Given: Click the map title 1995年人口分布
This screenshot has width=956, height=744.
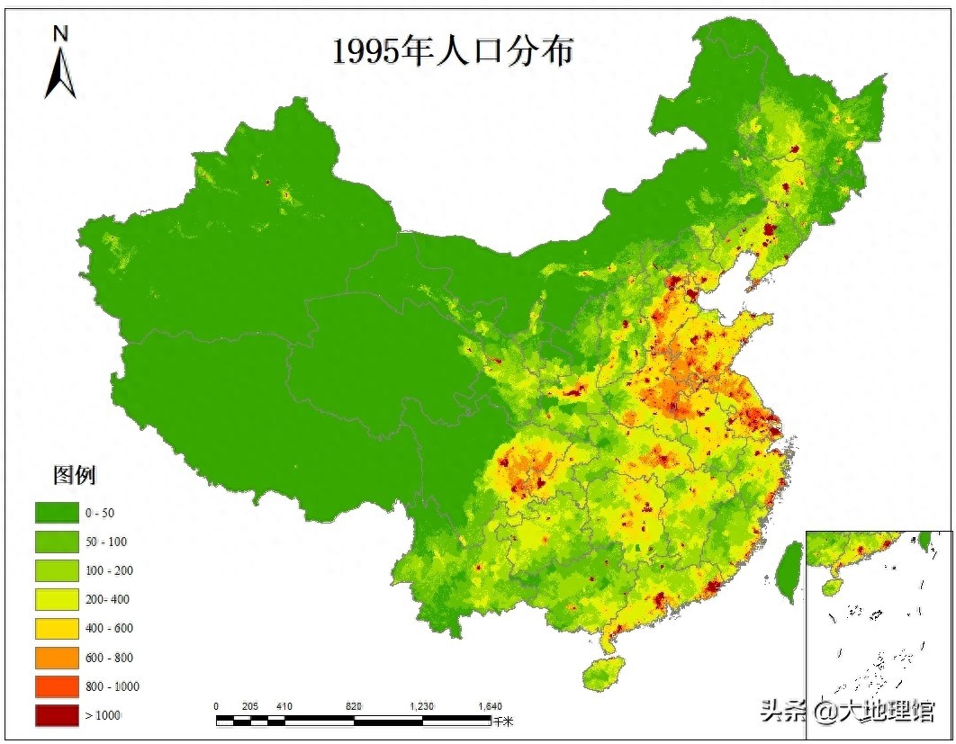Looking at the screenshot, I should [x=453, y=51].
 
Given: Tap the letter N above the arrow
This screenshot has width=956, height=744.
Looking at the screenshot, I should [x=60, y=34].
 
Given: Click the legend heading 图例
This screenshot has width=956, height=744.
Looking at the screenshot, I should [x=75, y=474].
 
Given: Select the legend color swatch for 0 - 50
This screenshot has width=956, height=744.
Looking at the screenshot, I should [x=56, y=513].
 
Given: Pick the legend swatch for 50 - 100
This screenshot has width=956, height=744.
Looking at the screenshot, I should [x=56, y=542].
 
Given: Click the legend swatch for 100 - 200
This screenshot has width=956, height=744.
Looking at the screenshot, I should [x=56, y=570].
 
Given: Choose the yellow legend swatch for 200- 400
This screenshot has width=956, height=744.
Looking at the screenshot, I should [x=56, y=599].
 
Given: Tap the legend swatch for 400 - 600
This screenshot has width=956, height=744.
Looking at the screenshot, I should [x=56, y=628].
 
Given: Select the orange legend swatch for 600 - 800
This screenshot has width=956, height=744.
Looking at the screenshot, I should [x=56, y=657].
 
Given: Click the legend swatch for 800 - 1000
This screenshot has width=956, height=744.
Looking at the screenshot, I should [x=56, y=686].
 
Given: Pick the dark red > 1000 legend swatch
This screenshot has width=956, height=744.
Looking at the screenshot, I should [x=56, y=714].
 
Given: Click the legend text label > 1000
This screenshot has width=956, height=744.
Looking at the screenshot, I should [x=103, y=714].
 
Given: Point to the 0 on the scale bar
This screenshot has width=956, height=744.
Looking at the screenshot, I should [x=217, y=706].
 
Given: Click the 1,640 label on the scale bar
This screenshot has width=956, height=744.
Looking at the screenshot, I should [x=490, y=706].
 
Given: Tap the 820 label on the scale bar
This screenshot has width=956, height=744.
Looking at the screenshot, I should [x=354, y=706].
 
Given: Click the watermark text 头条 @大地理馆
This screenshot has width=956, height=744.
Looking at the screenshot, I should [x=847, y=711].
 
